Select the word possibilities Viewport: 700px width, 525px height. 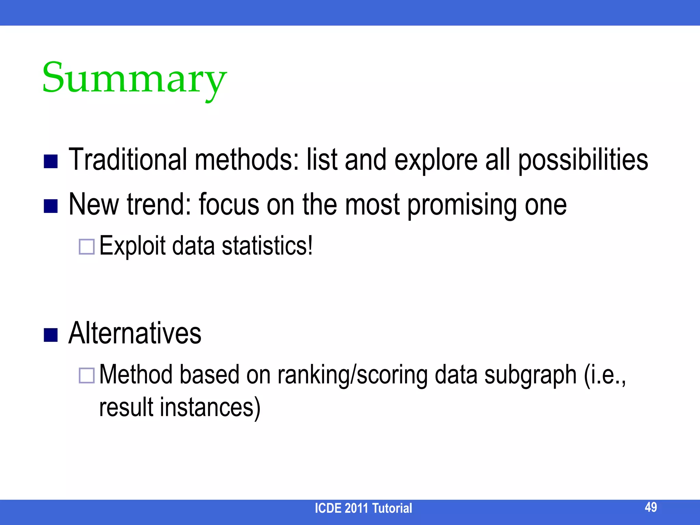pos(583,161)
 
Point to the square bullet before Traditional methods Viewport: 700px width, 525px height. pos(51,162)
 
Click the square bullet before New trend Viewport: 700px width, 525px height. pos(51,206)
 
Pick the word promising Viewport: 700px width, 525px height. pos(462,205)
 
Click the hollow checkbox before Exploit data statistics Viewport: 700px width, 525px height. pos(86,246)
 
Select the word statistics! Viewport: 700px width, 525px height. pos(267,245)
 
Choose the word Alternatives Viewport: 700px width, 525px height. pos(135,333)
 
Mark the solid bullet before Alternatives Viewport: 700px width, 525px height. pos(51,335)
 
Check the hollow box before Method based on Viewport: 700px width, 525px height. pos(86,375)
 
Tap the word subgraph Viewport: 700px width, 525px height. pos(530,375)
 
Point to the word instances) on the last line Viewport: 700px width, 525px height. pos(210,407)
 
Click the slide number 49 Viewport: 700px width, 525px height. pos(650,507)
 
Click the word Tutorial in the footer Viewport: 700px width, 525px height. pos(392,508)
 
